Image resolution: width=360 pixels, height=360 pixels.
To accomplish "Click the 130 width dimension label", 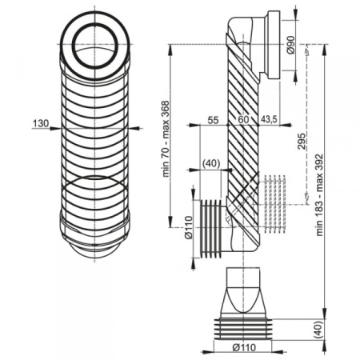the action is tap(41, 123).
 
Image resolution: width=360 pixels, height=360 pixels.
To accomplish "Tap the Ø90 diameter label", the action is tap(290, 45).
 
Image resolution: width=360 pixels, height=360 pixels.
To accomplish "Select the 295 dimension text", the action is tap(302, 141).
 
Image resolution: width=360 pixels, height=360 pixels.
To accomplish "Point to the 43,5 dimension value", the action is tap(269, 120).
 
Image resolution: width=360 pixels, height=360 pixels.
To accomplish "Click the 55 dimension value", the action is tap(213, 120).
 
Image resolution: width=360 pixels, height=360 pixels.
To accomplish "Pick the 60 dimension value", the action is tap(243, 119).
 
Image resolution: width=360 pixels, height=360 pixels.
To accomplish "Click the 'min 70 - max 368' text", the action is tap(166, 138).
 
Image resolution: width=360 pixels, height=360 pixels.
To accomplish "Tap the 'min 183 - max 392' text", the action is tap(319, 194).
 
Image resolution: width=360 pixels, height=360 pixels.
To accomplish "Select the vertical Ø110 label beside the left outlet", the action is tap(188, 227).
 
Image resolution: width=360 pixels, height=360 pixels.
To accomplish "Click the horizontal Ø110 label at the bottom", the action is tap(244, 347).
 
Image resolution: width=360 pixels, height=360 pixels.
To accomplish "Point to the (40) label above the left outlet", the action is tap(211, 163).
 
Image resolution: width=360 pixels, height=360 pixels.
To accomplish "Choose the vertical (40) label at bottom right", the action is tap(319, 330).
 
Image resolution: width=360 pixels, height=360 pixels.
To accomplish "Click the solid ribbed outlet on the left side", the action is tap(210, 229).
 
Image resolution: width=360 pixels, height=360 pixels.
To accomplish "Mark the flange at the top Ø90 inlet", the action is tap(274, 45).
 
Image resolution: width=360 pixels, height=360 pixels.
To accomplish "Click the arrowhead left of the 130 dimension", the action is tap(54, 128).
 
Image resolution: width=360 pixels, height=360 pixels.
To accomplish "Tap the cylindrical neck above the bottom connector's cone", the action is tap(243, 277).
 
